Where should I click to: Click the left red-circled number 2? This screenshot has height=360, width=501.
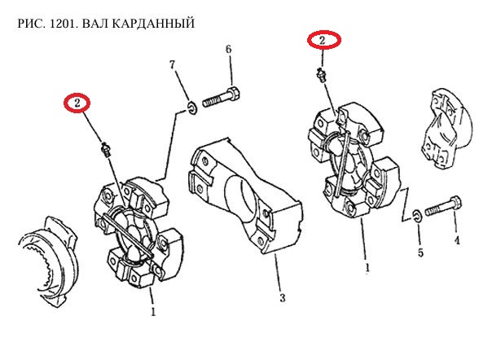click(x=77, y=103)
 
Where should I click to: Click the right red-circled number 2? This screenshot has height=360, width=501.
click(x=323, y=39)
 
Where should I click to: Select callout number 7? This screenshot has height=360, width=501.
click(x=173, y=64)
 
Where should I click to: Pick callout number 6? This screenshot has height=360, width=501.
click(x=229, y=50)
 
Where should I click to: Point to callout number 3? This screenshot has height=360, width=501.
click(x=282, y=298)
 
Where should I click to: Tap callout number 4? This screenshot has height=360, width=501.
click(x=457, y=240)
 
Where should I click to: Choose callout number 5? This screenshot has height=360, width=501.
click(x=420, y=253)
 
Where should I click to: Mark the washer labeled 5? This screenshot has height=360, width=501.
click(x=416, y=214)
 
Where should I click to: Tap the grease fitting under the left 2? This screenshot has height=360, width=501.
click(x=104, y=149)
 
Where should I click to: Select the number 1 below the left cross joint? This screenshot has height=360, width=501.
click(x=152, y=310)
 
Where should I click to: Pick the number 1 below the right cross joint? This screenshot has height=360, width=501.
click(x=367, y=266)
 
